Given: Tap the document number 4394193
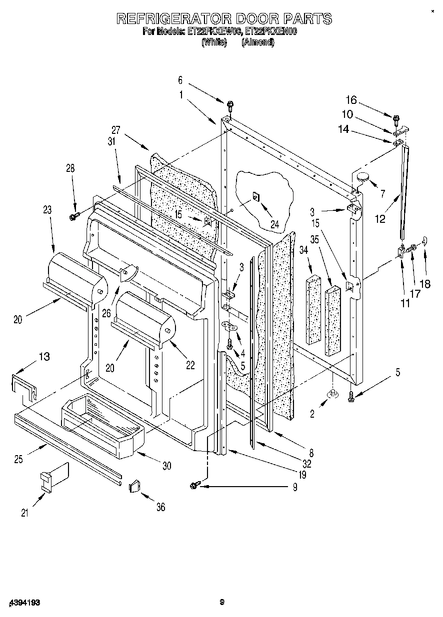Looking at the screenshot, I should click(x=23, y=603).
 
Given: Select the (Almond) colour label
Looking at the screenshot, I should click(x=257, y=42).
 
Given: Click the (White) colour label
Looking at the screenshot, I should click(x=214, y=42).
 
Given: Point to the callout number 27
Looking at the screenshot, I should click(x=116, y=130).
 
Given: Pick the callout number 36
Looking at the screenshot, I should click(x=160, y=507).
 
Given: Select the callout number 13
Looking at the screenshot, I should click(x=44, y=356).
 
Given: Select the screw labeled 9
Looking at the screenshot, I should click(x=195, y=484).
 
